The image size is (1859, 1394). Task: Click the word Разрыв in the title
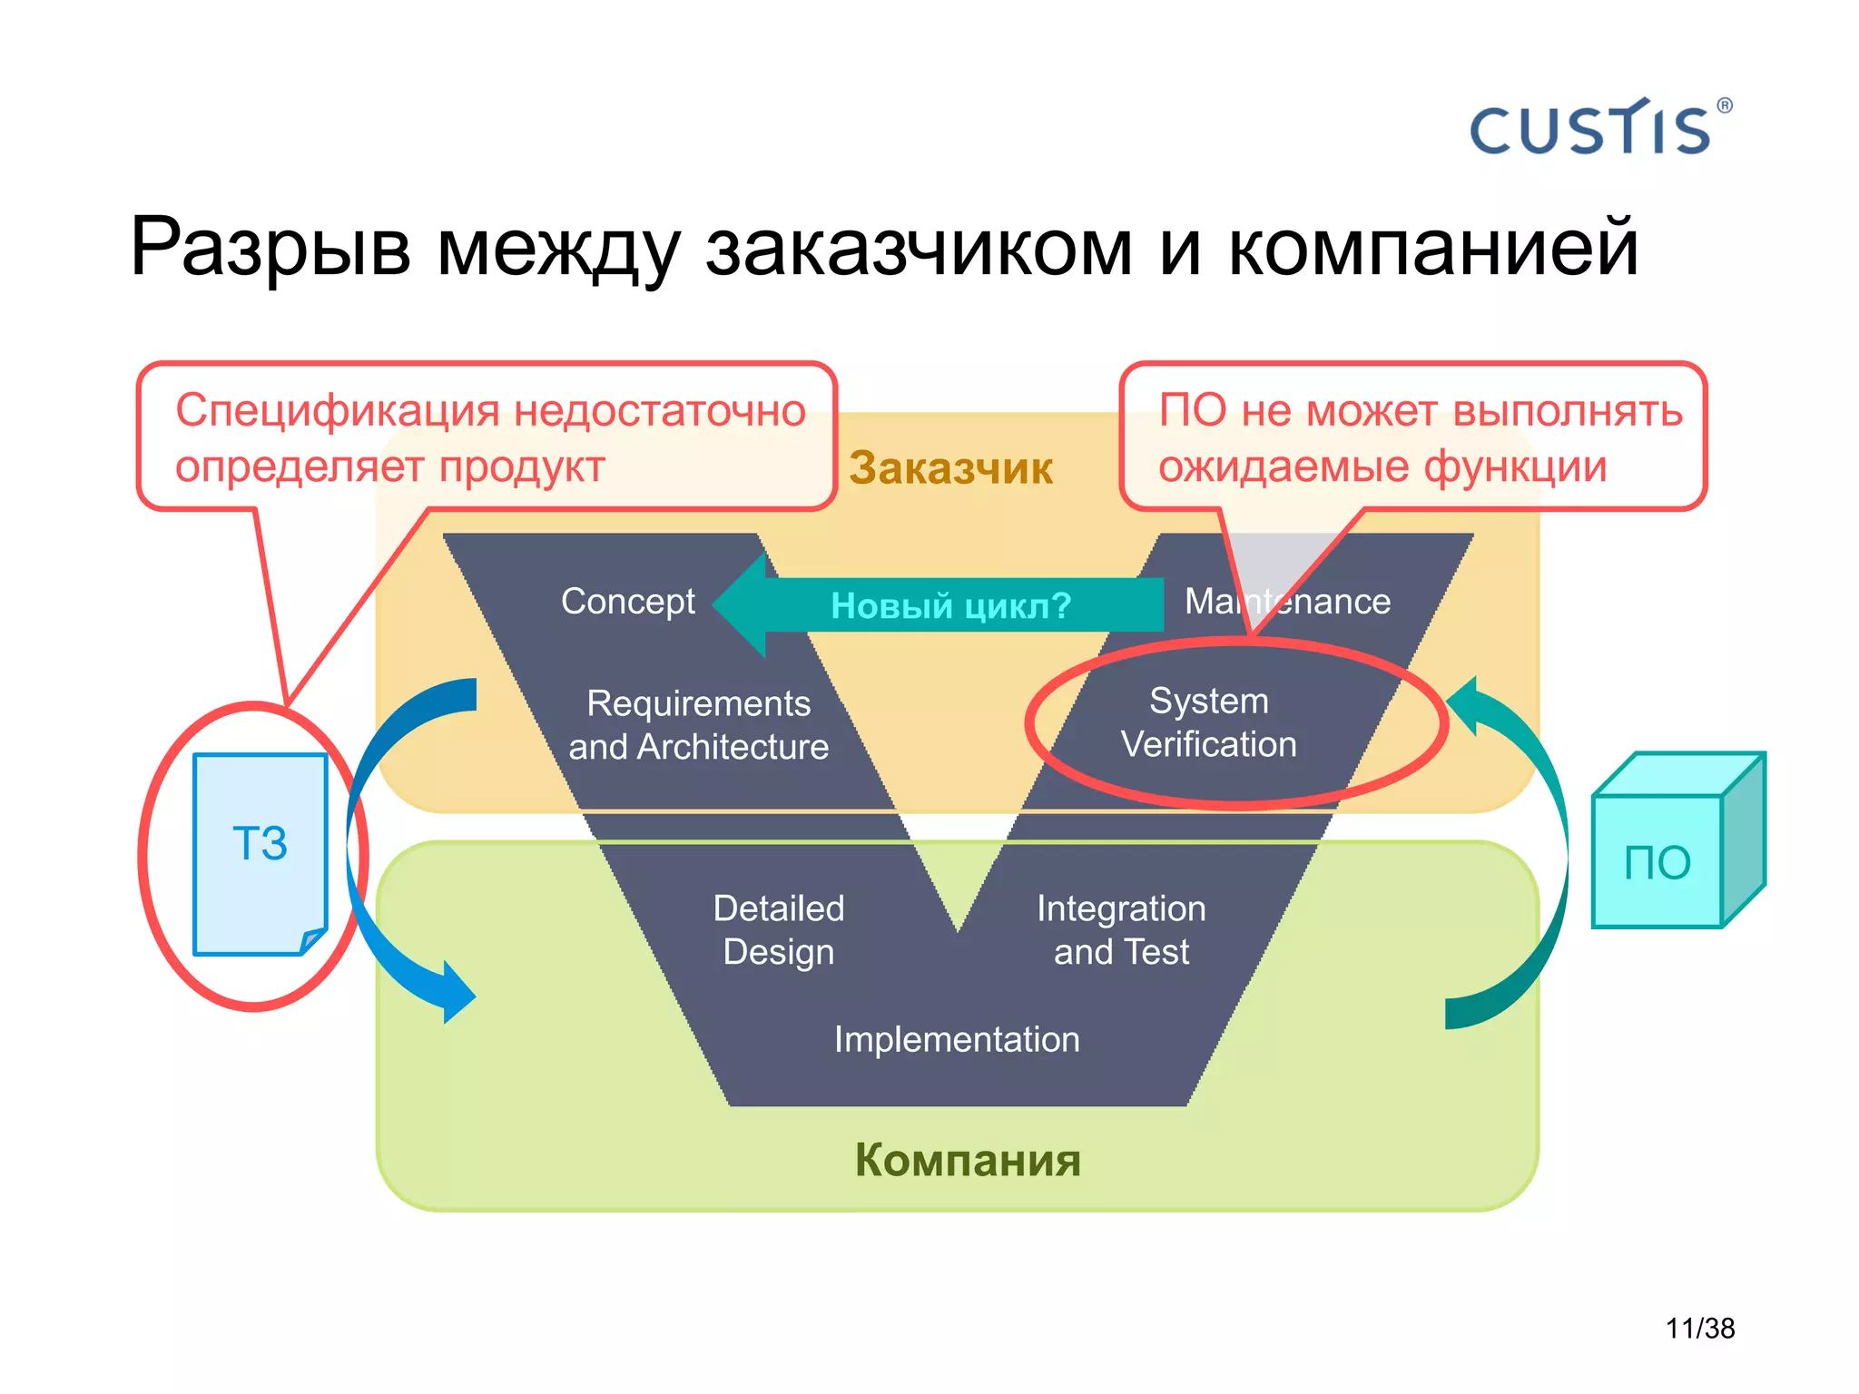[x=270, y=247]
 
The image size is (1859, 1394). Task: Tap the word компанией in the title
[x=1433, y=247]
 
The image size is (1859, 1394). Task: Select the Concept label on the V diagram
[x=627, y=601]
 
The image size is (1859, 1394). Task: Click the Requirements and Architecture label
[x=698, y=724]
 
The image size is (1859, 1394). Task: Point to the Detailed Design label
[x=779, y=929]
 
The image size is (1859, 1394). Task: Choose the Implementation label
[x=957, y=1039]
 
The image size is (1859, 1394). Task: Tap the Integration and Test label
[x=1121, y=929]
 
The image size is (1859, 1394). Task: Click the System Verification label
[x=1208, y=722]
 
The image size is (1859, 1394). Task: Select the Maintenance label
[x=1287, y=601]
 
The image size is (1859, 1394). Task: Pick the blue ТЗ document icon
[x=261, y=853]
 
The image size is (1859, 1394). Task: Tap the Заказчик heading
[x=950, y=468]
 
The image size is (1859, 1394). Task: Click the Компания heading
[x=968, y=1160]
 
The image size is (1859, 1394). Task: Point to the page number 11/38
[x=1699, y=1328]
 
